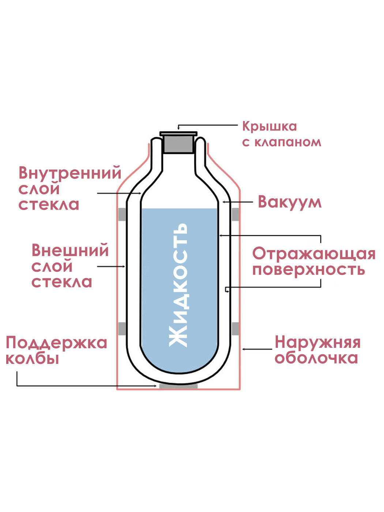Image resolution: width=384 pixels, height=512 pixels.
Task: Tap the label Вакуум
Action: (x=289, y=202)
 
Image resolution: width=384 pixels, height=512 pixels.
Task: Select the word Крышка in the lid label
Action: (x=269, y=127)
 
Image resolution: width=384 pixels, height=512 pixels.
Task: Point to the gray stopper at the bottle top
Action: (x=178, y=144)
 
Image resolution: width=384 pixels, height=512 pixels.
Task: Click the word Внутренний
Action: (x=69, y=173)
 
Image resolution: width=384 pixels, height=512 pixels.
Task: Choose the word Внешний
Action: (x=70, y=251)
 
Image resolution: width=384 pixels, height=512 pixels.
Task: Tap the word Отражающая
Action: (x=313, y=253)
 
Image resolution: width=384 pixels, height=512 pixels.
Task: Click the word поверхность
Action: (x=308, y=270)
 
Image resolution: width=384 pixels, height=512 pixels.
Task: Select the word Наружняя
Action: (x=317, y=343)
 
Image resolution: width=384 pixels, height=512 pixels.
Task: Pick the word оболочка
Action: (x=316, y=358)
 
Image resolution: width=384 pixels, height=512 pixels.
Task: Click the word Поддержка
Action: (x=56, y=343)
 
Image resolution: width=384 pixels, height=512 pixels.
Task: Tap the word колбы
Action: (x=32, y=359)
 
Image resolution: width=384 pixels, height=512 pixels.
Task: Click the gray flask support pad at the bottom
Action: (x=178, y=386)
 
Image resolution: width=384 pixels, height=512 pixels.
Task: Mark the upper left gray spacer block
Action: (x=122, y=214)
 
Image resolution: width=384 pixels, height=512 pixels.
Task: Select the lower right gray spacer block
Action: (x=235, y=329)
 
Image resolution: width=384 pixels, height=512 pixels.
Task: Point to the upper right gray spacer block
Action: (x=235, y=214)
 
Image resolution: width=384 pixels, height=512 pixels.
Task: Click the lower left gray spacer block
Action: (x=122, y=329)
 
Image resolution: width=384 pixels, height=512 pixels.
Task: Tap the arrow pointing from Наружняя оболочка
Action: (x=257, y=349)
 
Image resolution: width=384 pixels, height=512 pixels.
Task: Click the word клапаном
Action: (x=281, y=142)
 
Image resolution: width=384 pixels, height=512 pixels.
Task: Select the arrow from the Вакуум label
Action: (x=237, y=202)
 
